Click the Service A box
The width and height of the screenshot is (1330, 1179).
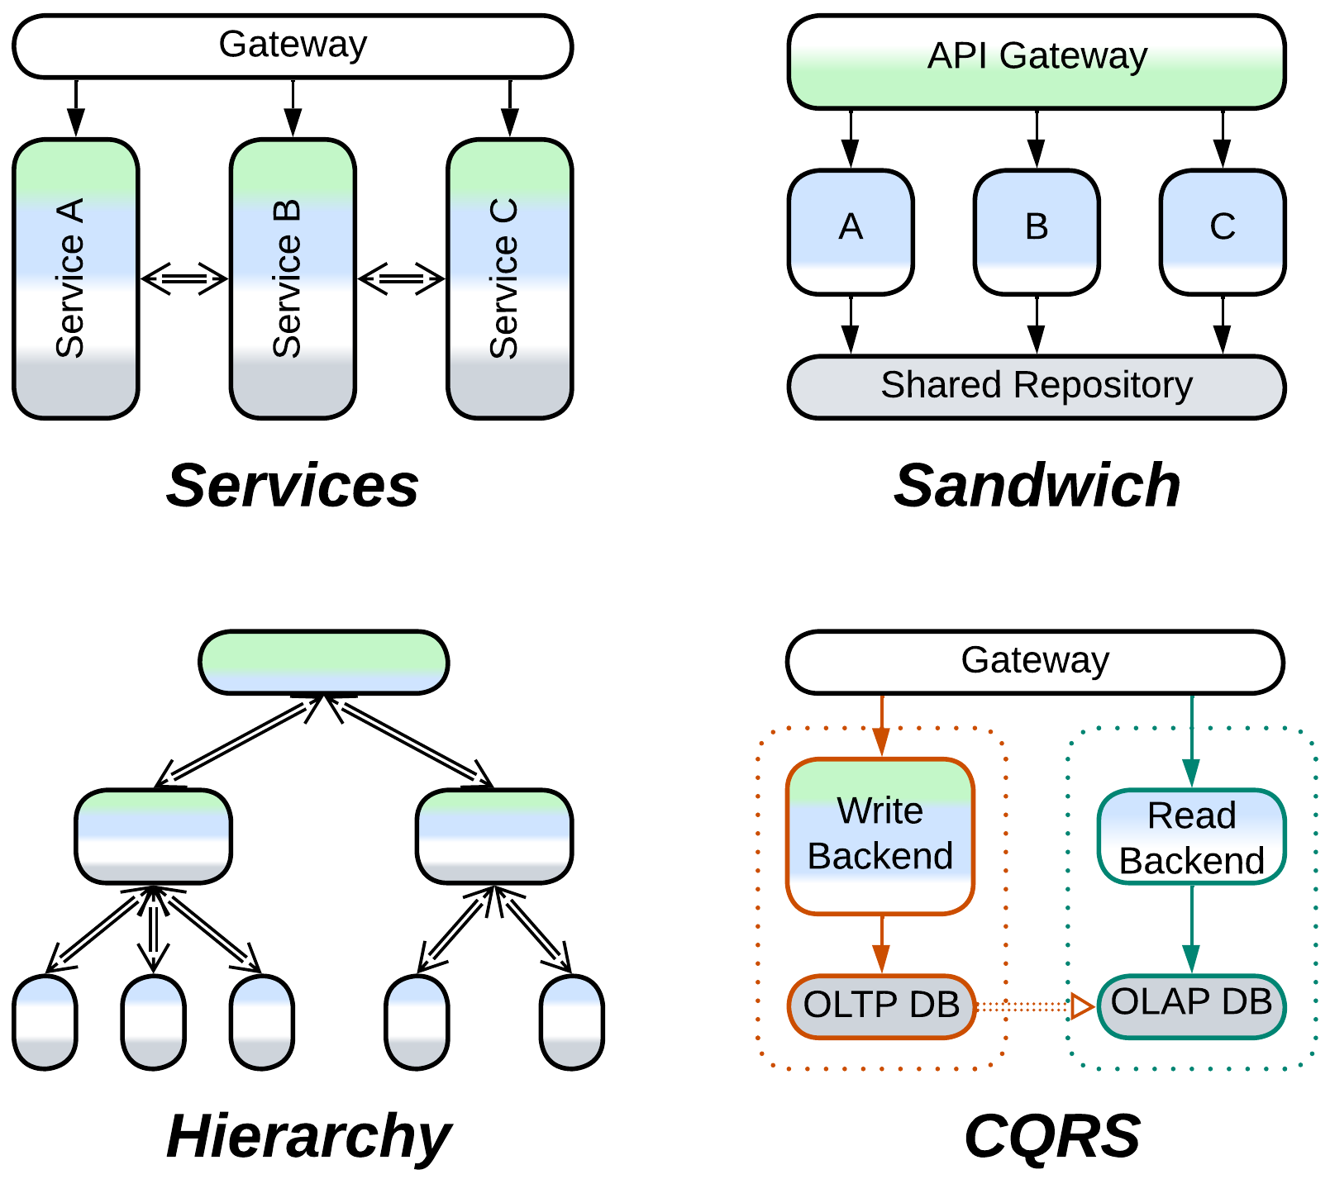coord(75,278)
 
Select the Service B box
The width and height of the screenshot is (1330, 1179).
coord(293,278)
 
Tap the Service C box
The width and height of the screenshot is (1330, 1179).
coord(509,278)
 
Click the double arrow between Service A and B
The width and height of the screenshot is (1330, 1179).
coord(184,278)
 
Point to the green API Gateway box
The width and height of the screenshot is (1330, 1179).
coord(1036,61)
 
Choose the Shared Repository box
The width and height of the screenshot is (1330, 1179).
coord(1036,387)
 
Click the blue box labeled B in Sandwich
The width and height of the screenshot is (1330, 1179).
coord(1037,231)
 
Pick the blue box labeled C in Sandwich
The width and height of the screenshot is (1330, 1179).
coord(1223,231)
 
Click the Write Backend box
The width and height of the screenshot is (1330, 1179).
coord(880,835)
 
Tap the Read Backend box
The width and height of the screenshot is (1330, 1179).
coord(1191,836)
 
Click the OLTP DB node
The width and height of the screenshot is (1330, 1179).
coord(881,1005)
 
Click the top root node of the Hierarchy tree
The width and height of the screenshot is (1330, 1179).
coord(323,662)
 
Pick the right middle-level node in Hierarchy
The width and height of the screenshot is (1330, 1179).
coord(493,835)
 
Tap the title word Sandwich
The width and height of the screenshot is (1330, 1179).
coord(1037,486)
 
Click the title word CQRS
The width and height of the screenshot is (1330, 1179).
coord(1051,1136)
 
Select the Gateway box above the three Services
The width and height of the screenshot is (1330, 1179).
coord(293,46)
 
